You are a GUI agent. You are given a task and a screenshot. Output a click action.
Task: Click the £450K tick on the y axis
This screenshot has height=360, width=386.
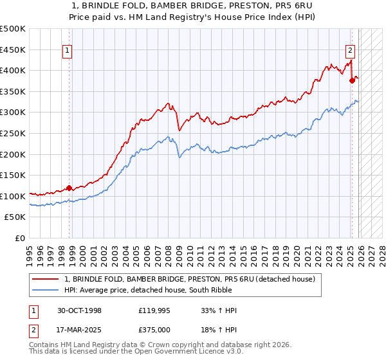pyautogui.click(x=13, y=50)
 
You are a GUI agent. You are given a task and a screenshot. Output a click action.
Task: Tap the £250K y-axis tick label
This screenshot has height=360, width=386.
pyautogui.click(x=13, y=133)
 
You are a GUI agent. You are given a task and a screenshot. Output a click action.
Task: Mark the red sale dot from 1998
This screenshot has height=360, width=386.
pyautogui.click(x=69, y=188)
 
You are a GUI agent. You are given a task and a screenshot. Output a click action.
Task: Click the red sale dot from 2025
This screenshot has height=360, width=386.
pyautogui.click(x=352, y=81)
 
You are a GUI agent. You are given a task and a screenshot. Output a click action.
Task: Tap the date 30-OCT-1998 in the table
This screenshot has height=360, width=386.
pyautogui.click(x=78, y=310)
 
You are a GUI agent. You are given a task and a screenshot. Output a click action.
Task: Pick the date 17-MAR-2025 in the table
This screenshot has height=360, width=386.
pyautogui.click(x=78, y=330)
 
